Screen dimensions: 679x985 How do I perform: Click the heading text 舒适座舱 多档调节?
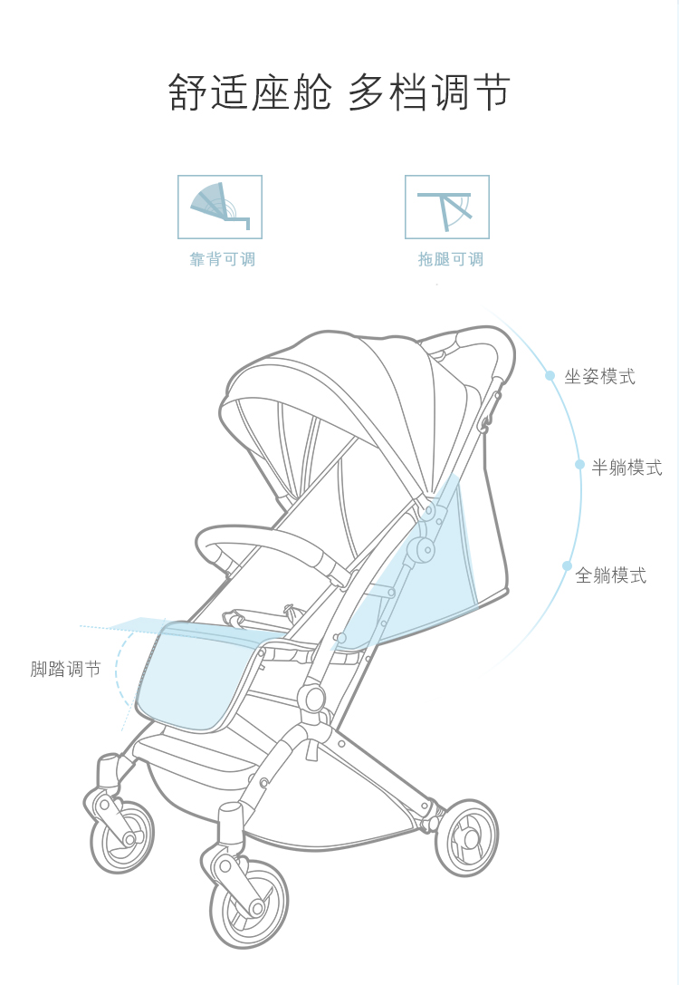click(339, 93)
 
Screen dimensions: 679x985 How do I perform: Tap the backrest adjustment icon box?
click(220, 207)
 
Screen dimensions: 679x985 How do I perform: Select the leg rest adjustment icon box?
click(446, 207)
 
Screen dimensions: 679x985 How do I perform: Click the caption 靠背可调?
click(222, 260)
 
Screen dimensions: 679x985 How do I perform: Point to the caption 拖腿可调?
click(450, 260)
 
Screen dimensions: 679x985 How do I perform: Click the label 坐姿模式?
click(599, 377)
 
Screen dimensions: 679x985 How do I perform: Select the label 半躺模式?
click(626, 468)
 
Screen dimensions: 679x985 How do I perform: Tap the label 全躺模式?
click(611, 575)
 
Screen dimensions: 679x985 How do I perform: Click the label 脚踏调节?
click(65, 670)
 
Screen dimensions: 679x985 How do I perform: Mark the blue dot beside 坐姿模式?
click(550, 375)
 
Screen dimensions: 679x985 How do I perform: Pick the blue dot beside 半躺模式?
click(579, 465)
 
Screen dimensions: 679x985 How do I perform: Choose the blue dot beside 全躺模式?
click(567, 566)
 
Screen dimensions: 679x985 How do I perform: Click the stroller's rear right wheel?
click(466, 836)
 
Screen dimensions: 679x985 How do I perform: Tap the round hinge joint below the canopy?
click(419, 549)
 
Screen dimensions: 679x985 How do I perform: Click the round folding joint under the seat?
click(313, 698)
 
